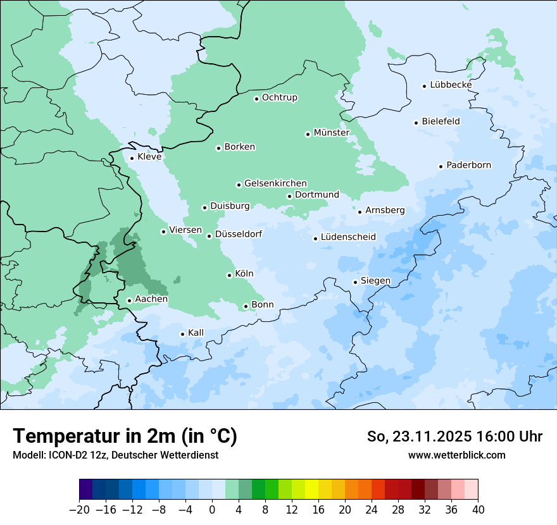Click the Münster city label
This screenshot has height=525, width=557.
[x=332, y=133]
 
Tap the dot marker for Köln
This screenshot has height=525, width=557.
[x=229, y=275]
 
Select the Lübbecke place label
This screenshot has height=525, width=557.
[x=451, y=85]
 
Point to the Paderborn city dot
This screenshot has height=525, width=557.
[x=441, y=166]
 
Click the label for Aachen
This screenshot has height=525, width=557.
[x=151, y=299]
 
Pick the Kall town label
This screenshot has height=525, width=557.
[x=196, y=333]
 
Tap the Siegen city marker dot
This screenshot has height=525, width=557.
[x=355, y=282]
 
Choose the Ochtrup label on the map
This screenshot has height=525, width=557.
[x=279, y=97]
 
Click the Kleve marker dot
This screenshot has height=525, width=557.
[x=132, y=158]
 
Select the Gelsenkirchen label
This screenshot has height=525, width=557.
[x=275, y=183]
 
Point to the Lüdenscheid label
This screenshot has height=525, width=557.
[x=348, y=237]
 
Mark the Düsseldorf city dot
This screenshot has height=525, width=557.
[x=209, y=236]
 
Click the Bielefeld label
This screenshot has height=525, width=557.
[x=441, y=121]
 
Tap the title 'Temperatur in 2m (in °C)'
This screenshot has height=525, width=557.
[x=125, y=436]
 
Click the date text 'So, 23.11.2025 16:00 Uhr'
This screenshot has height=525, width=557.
[x=454, y=436]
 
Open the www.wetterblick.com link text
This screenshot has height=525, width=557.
[x=456, y=455]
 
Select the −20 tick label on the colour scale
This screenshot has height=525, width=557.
[x=79, y=510]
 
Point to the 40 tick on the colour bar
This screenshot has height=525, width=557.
[x=478, y=510]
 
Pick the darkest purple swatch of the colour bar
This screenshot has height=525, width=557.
[x=85, y=490]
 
